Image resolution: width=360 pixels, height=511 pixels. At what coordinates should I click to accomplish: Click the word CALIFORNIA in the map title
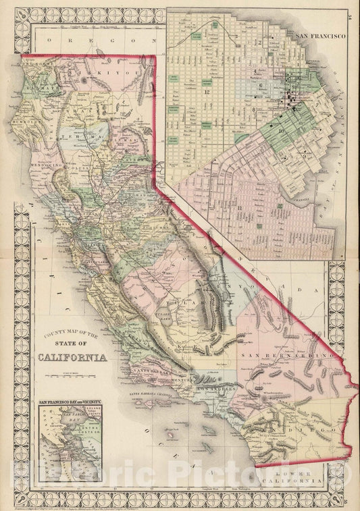point(73,357)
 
